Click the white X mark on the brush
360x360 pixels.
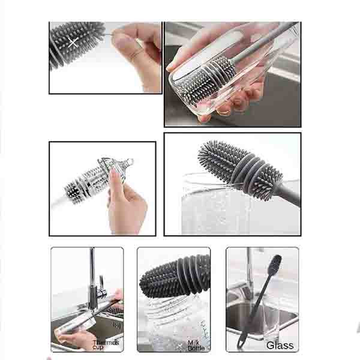tap(73, 43)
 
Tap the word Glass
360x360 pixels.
tap(280, 345)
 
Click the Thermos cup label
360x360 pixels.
tap(106, 345)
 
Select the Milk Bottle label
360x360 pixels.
tap(196, 346)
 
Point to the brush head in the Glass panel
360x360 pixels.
tap(275, 263)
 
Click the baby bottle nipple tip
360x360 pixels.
tap(130, 161)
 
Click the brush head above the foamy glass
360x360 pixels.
tap(240, 170)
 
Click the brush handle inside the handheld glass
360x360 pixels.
tap(262, 41)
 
